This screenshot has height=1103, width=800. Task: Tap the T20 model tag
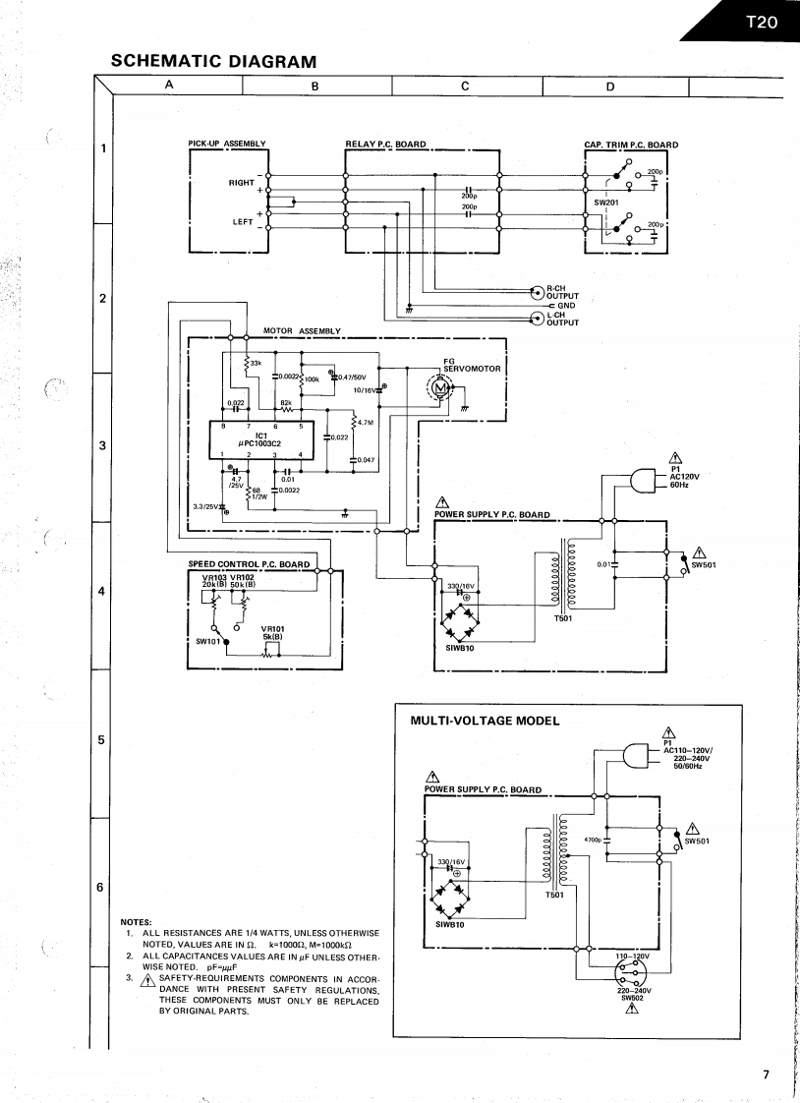point(760,21)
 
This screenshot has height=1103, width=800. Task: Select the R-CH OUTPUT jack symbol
point(537,291)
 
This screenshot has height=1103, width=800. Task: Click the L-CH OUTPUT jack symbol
point(537,318)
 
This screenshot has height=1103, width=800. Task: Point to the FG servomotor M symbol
point(438,392)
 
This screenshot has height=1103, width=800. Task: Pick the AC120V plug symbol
point(641,480)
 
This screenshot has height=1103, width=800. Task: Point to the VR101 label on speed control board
point(272,628)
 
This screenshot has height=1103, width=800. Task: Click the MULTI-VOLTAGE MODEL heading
point(484,721)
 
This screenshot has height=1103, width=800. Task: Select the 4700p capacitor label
point(592,840)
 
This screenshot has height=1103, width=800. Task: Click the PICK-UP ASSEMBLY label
point(226,145)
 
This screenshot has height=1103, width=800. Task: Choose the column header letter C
point(465,86)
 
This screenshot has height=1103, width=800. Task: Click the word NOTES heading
point(135,921)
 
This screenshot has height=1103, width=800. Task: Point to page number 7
point(766,1074)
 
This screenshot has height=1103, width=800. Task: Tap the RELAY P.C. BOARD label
point(385,145)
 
